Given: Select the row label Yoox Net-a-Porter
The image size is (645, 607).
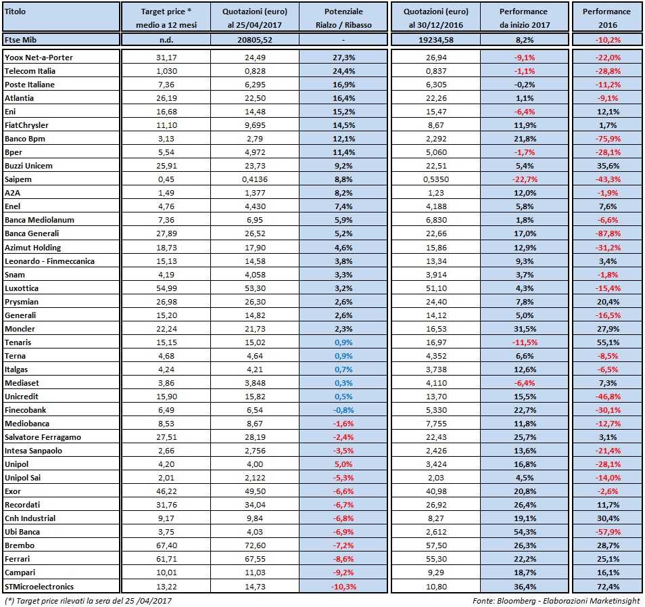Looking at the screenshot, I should (x=39, y=58).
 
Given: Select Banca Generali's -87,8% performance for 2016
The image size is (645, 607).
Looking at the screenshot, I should (x=606, y=233).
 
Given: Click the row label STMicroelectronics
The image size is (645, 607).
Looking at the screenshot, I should (x=39, y=586).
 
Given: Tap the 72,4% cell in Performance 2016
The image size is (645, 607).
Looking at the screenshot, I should (x=606, y=586).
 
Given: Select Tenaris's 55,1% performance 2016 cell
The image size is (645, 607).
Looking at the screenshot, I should (x=606, y=342).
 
